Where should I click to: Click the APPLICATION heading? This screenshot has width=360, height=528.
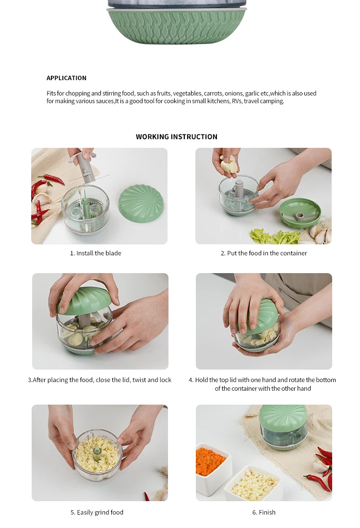tap(66, 78)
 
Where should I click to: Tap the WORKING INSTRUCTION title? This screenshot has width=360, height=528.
tap(177, 137)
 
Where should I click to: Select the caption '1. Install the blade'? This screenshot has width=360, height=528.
tap(96, 253)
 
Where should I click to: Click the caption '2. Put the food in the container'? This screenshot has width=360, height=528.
tap(264, 253)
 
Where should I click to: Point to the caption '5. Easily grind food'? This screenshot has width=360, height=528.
tap(97, 512)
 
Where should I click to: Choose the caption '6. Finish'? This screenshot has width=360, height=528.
tap(264, 512)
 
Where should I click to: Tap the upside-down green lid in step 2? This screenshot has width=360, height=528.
tap(300, 213)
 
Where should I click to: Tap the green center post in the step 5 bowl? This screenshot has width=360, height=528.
tap(97, 453)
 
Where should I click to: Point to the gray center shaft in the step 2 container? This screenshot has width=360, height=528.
tap(239, 189)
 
